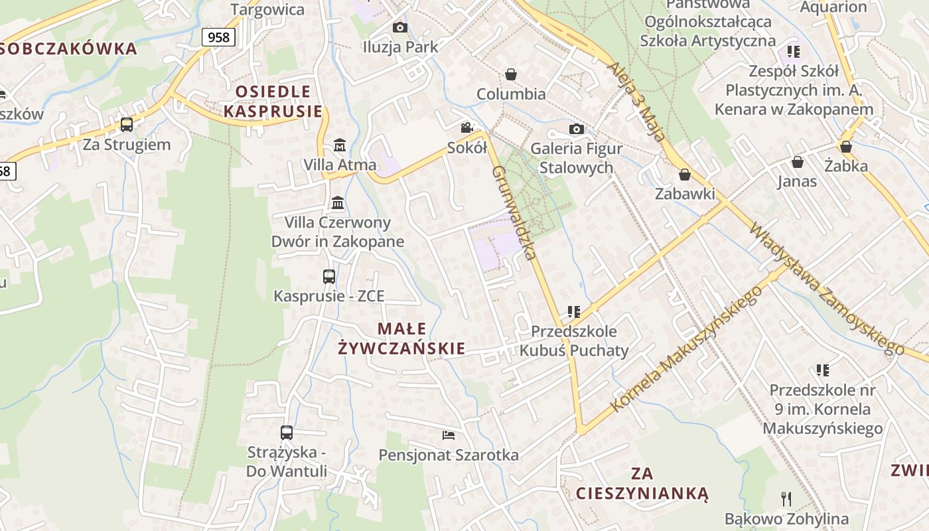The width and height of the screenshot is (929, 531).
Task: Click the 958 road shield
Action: pyautogui.click(x=218, y=37)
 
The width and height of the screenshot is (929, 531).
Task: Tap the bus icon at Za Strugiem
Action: pyautogui.click(x=126, y=124)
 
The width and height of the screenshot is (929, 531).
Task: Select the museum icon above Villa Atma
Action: pyautogui.click(x=340, y=145)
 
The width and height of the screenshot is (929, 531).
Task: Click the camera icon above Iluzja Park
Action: pyautogui.click(x=399, y=27)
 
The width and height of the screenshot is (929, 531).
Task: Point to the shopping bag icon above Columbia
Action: pyautogui.click(x=511, y=74)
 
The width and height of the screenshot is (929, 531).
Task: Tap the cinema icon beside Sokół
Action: pyautogui.click(x=467, y=127)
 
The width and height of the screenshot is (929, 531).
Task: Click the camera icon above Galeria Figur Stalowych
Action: pyautogui.click(x=576, y=129)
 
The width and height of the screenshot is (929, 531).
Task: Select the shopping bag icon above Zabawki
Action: pyautogui.click(x=684, y=175)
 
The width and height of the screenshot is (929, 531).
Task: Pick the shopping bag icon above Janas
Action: pyautogui.click(x=797, y=161)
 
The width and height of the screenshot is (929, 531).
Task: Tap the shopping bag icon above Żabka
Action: pyautogui.click(x=846, y=146)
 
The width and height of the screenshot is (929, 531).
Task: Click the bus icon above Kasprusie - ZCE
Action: pyautogui.click(x=329, y=276)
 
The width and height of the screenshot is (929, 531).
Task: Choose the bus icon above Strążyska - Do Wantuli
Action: pyautogui.click(x=287, y=433)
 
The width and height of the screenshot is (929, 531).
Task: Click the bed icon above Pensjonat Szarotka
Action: pyautogui.click(x=449, y=435)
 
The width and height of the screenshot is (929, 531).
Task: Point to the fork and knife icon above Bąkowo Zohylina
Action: pyautogui.click(x=786, y=498)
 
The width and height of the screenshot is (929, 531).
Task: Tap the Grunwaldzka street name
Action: pyautogui.click(x=514, y=212)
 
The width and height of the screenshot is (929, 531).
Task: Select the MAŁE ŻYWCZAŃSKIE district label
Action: pyautogui.click(x=401, y=339)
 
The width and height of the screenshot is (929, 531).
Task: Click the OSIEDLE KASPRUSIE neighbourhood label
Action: pyautogui.click(x=273, y=101)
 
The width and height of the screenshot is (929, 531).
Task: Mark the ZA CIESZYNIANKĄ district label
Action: pyautogui.click(x=642, y=483)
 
